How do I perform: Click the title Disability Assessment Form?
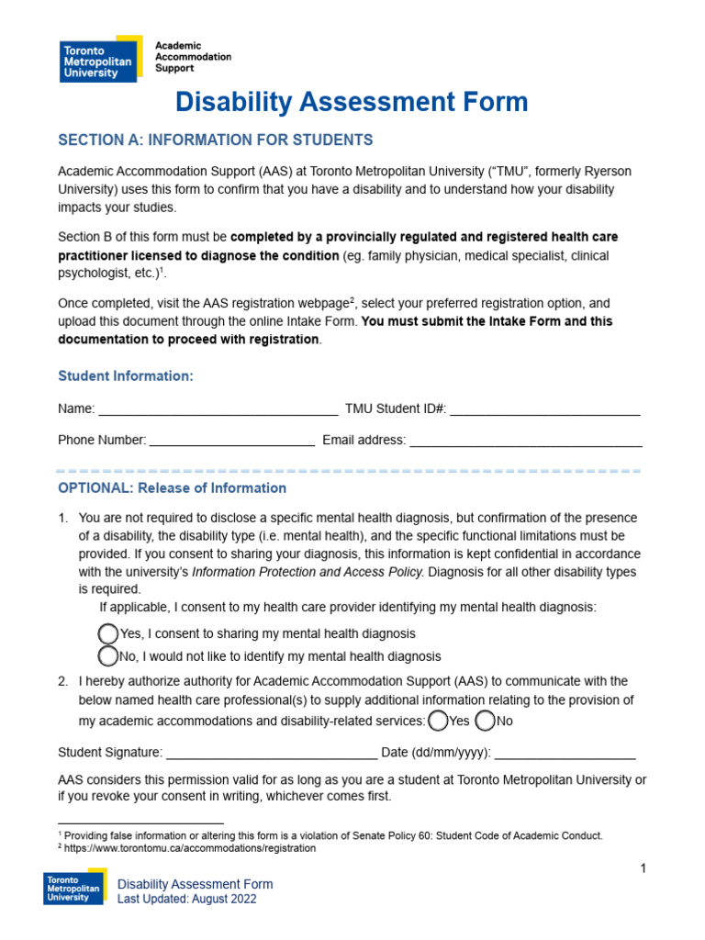[352, 102]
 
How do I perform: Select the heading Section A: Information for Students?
[216, 140]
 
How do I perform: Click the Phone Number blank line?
[231, 442]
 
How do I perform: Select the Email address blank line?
[525, 442]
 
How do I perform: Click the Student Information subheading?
[126, 376]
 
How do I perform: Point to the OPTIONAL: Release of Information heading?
[172, 488]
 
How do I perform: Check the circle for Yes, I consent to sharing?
[108, 633]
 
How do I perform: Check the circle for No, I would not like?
[108, 656]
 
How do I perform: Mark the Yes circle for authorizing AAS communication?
[439, 721]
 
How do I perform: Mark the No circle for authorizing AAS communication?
[485, 721]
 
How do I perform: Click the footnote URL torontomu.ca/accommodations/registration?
[190, 849]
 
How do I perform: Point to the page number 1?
[643, 868]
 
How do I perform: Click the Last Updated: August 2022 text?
[187, 900]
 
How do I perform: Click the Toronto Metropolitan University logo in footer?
[75, 889]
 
